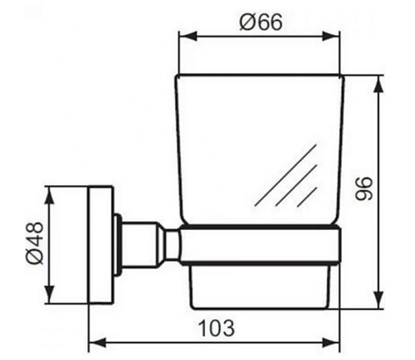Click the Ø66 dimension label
pyautogui.click(x=261, y=22)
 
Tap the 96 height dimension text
pyautogui.click(x=364, y=189)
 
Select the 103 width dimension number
pyautogui.click(x=217, y=328)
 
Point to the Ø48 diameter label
pyautogui.click(x=35, y=243)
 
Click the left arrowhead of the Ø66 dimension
pyautogui.click(x=188, y=36)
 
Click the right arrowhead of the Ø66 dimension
pyautogui.click(x=331, y=36)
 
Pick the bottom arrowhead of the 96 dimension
pyautogui.click(x=378, y=299)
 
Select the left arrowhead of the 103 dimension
pyautogui.click(x=98, y=343)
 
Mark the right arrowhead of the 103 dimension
pyautogui.click(x=331, y=343)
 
